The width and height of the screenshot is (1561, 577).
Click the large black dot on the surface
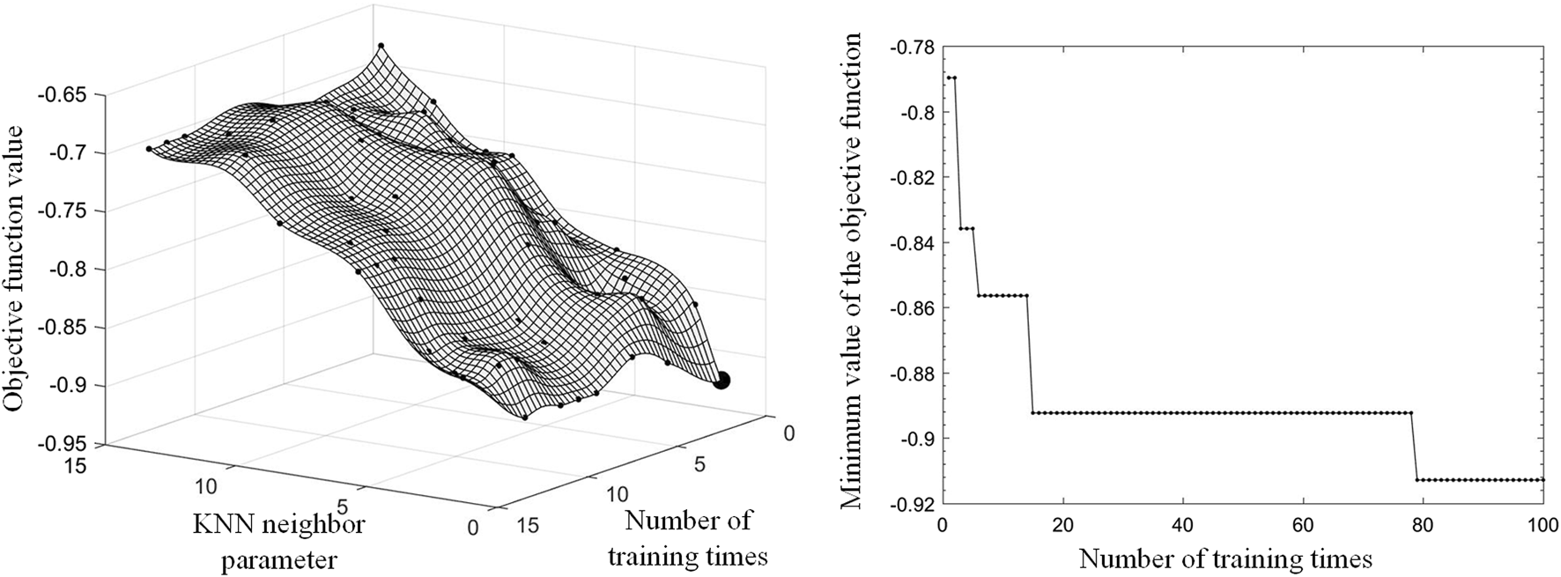click(x=721, y=381)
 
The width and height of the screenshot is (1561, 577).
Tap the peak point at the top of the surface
click(x=381, y=45)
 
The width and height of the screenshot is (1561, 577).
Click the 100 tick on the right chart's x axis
click(x=1543, y=523)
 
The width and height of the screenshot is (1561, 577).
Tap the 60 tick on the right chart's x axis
click(x=1303, y=523)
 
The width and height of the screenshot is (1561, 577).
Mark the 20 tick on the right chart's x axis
click(x=1062, y=523)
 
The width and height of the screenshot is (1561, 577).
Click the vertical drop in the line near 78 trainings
click(x=1415, y=447)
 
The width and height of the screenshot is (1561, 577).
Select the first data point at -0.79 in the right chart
click(x=949, y=78)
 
